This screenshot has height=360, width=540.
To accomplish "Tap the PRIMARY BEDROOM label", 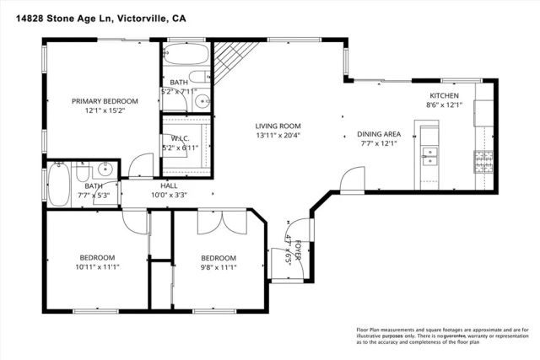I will pos(105,101).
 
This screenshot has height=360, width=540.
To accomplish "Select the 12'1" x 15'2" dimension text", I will pos(105,110).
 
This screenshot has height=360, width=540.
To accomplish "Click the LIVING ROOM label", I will pos(278,126).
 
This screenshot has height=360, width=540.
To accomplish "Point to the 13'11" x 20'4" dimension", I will pos(278,135).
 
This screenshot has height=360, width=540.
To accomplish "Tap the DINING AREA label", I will pos(378,133).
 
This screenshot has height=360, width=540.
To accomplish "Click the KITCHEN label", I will pos(444,96).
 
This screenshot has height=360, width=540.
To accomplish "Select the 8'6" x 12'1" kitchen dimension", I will pos(444,105).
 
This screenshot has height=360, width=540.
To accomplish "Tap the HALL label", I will pos(168,185).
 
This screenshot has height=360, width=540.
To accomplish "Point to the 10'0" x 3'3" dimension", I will pos(168,195).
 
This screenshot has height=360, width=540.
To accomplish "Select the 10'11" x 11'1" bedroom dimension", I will pos(97,267).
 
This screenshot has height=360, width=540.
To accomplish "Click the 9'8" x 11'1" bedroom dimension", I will pos(218,267).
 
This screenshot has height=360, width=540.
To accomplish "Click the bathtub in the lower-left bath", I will pos(59,185).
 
